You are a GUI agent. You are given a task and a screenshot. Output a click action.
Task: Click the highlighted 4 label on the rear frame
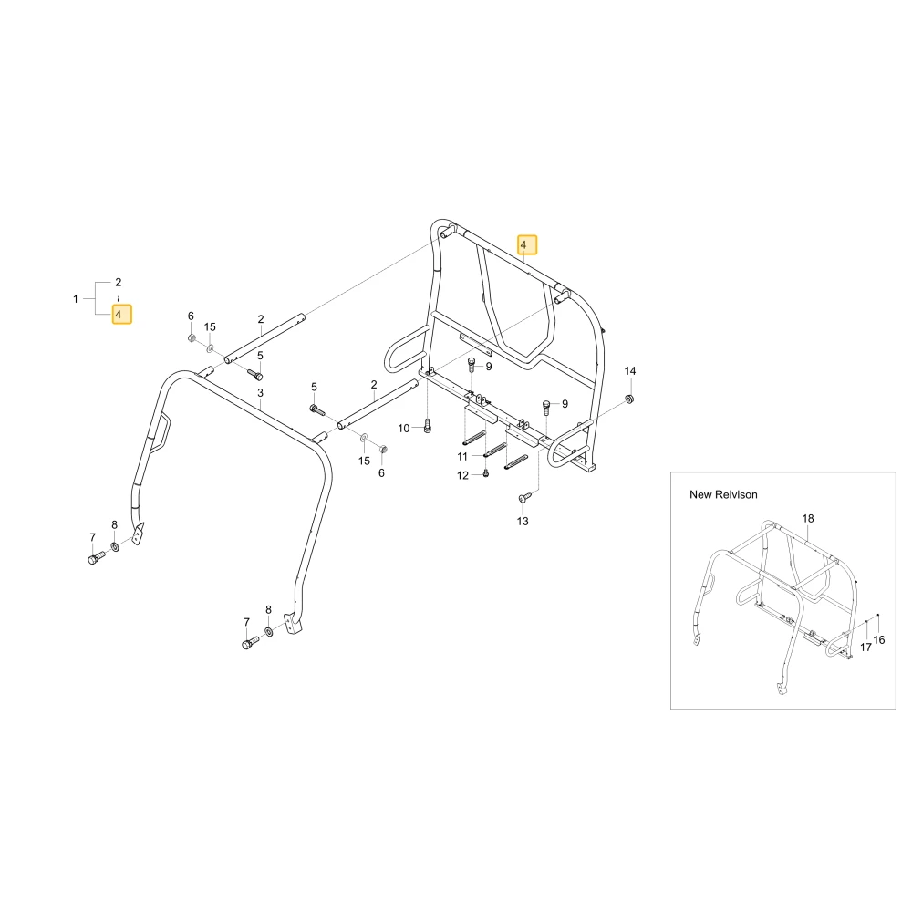tap(527, 244)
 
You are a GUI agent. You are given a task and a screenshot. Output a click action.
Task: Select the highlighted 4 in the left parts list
tap(121, 314)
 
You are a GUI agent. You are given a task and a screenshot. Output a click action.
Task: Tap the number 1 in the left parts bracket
tap(76, 299)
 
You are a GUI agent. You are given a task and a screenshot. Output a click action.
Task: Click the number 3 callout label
tap(260, 393)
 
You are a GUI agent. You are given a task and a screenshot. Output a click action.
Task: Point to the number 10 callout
tap(404, 429)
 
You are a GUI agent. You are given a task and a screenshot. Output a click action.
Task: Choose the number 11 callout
tap(462, 457)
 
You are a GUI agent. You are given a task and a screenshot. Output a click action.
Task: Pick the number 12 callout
tap(462, 475)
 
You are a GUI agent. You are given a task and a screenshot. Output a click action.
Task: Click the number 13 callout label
tap(523, 521)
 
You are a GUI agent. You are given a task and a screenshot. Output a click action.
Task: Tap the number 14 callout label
tap(630, 371)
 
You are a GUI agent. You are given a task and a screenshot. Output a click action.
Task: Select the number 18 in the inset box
tap(808, 518)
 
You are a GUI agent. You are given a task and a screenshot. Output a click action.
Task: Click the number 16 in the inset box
tap(879, 640)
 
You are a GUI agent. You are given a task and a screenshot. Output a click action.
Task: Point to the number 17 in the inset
tap(865, 647)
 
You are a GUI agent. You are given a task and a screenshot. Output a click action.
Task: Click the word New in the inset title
tap(700, 494)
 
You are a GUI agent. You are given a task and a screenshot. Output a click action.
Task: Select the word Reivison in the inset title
tap(736, 494)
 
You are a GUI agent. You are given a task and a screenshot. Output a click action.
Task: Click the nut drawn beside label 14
tap(628, 399)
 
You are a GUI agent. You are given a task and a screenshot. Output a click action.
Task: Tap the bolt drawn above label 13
tap(524, 497)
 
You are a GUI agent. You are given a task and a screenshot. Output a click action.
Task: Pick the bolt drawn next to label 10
tap(428, 426)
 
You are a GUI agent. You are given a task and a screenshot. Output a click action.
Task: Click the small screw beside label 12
tap(486, 473)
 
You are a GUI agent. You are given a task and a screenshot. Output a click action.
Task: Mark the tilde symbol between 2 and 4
tap(118, 298)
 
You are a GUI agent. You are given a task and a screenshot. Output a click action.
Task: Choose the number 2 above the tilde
tap(118, 282)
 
